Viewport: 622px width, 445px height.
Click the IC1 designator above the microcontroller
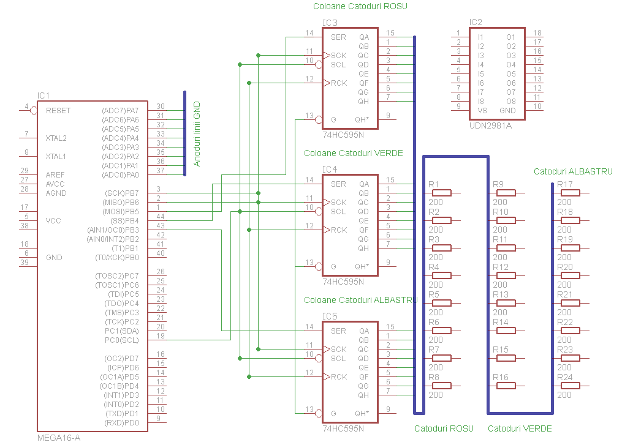click(x=44, y=95)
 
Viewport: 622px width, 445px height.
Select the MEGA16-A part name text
click(x=59, y=438)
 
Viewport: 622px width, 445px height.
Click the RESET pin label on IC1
click(x=58, y=111)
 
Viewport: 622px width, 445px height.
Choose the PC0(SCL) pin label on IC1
click(x=122, y=340)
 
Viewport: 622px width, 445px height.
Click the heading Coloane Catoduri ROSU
click(x=360, y=7)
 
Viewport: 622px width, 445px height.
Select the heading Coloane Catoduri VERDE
click(x=354, y=153)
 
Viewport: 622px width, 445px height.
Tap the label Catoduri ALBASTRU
click(x=573, y=172)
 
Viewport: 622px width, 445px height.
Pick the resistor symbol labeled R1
click(x=441, y=193)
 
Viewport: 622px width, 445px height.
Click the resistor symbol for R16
click(x=506, y=386)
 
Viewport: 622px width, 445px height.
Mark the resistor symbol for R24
click(x=570, y=386)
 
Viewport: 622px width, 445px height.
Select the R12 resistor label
click(x=501, y=267)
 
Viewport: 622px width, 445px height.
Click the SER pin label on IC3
click(x=338, y=37)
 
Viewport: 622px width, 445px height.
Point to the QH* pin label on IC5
click(x=362, y=413)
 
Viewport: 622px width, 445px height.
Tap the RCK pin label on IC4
click(x=339, y=230)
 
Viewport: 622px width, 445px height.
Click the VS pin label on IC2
click(x=482, y=111)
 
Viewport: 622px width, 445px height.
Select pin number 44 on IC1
click(x=160, y=217)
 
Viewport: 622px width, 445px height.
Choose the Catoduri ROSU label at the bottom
click(x=444, y=428)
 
